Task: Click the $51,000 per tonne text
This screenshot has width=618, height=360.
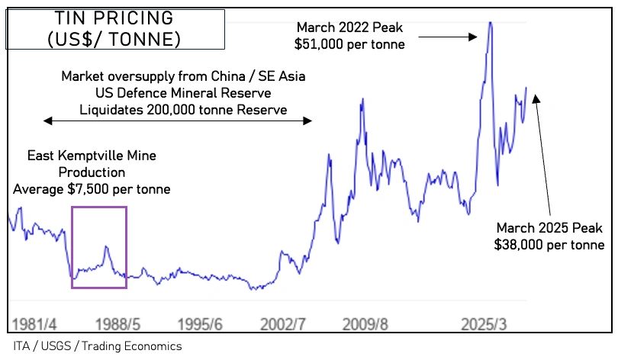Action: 349,45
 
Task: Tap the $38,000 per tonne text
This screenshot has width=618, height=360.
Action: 550,245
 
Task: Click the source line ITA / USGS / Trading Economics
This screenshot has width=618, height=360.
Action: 98,346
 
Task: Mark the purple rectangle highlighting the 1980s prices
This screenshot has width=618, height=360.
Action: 99,207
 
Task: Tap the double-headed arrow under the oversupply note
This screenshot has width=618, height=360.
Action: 177,121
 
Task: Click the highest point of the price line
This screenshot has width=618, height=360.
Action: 489,23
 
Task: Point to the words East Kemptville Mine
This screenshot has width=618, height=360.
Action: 92,156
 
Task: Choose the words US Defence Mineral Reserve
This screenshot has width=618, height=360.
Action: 184,93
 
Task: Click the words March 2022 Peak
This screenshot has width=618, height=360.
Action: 349,28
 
